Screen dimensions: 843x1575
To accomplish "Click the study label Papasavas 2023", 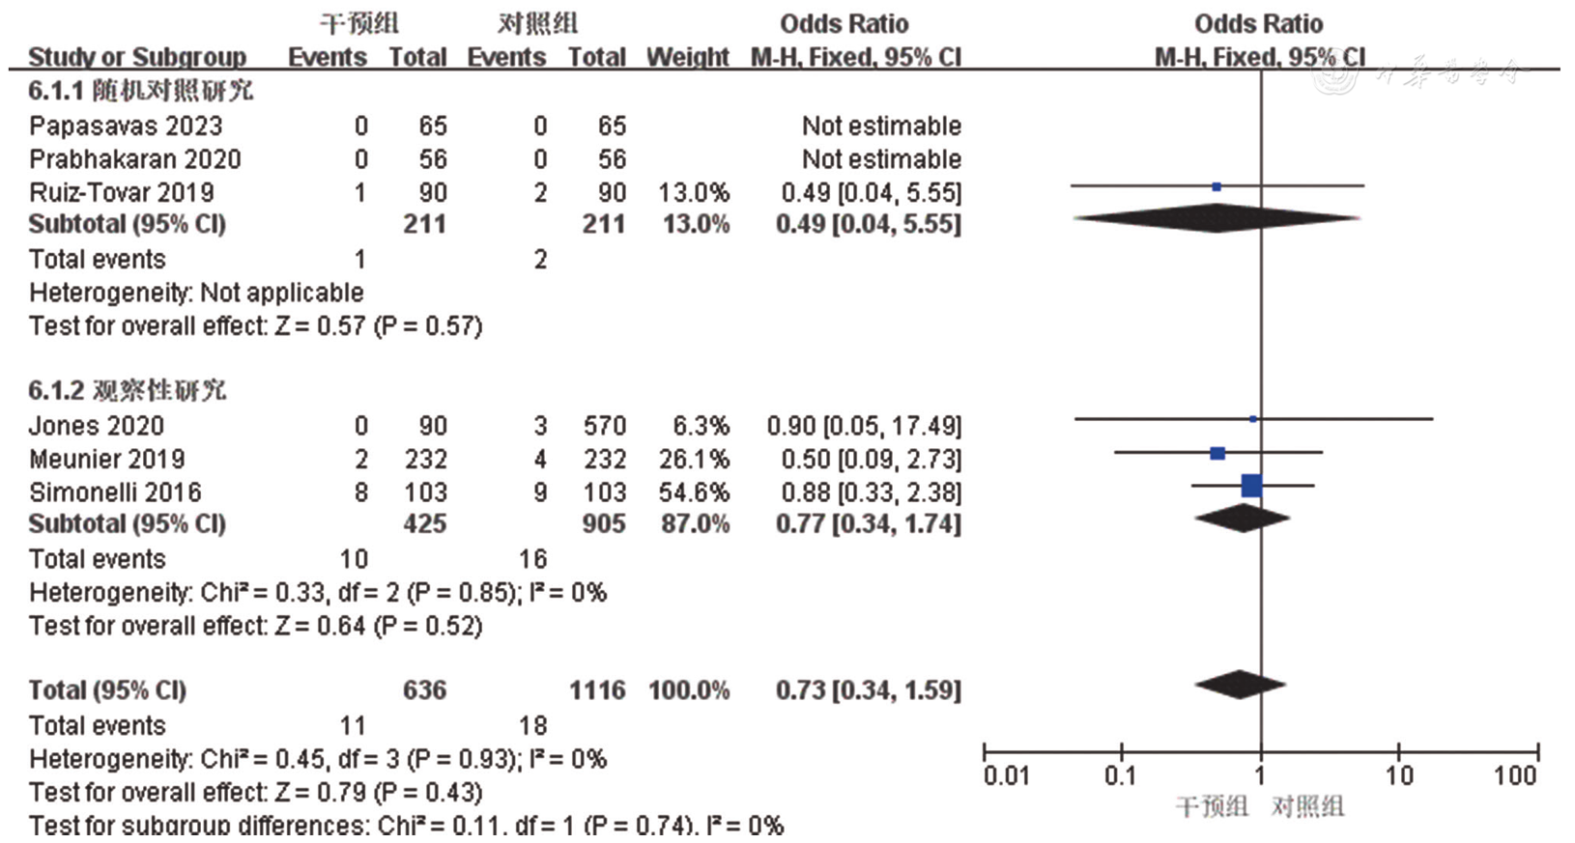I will tap(126, 126).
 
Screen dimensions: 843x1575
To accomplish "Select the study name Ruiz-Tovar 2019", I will tap(122, 192).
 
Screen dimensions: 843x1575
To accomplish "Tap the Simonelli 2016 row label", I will tap(115, 492).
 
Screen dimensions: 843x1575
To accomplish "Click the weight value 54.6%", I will tap(694, 492).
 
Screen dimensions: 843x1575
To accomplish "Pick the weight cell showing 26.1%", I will tap(694, 459).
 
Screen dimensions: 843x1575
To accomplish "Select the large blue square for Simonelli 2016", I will tap(1251, 486).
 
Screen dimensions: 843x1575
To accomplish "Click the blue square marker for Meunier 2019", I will tap(1217, 453).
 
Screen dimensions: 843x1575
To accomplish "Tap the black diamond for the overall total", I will tap(1240, 685).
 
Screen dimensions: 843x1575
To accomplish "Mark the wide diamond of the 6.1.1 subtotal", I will tap(1217, 219).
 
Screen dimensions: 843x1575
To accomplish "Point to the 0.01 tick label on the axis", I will tap(1006, 775).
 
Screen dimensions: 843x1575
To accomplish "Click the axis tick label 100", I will tap(1514, 775).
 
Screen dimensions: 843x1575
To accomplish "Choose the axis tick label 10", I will tap(1398, 775).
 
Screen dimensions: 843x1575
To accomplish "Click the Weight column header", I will tap(687, 57).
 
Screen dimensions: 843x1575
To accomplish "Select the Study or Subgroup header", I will tap(137, 57).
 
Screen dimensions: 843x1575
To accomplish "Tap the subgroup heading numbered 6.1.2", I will tap(127, 390).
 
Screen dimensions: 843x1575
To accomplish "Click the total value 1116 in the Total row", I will tap(597, 690).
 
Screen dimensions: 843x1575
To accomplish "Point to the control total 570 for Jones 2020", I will tap(604, 426).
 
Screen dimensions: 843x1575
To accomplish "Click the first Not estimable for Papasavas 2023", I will tap(881, 126).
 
